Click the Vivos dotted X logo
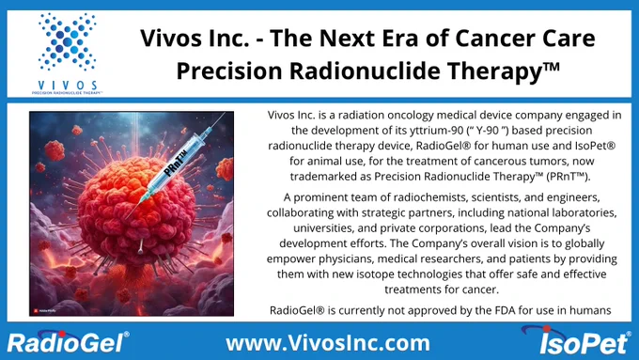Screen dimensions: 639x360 pos(68,42)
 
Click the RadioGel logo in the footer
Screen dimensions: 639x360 pos(68,341)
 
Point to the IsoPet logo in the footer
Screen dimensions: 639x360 pos(576,340)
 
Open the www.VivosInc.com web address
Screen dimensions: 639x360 pos(328,343)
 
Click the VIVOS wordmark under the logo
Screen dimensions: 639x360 pos(68,86)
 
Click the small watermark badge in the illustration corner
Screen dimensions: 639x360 pos(44,311)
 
